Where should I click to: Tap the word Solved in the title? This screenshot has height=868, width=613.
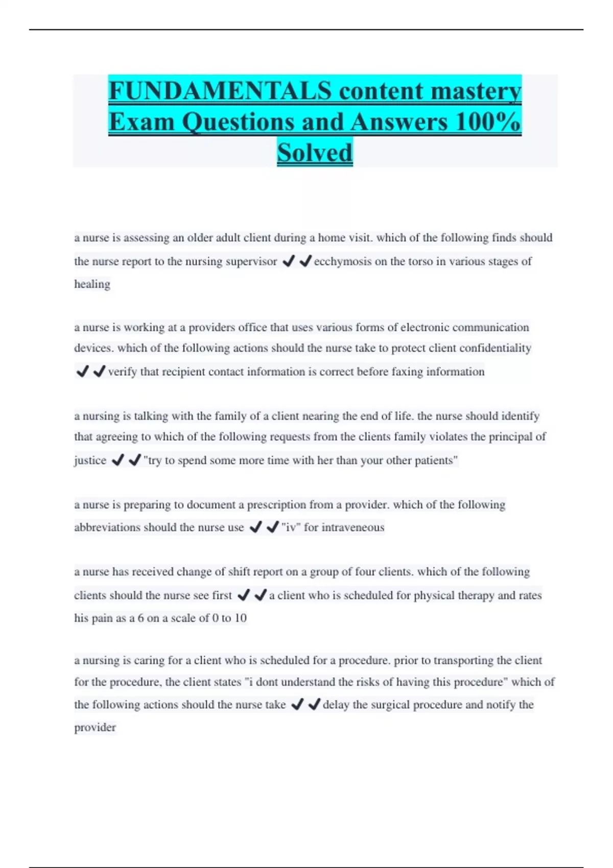coord(315,153)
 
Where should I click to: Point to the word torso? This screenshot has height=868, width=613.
coord(419,261)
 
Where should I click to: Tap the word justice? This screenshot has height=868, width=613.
coord(90,461)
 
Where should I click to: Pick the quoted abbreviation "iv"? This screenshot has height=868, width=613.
coord(291,527)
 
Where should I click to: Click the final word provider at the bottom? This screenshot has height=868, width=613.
coord(95,728)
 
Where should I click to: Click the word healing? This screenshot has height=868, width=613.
coord(92,284)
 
